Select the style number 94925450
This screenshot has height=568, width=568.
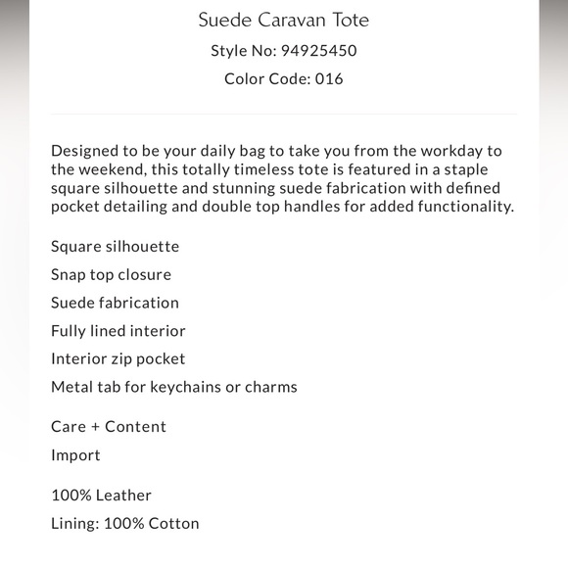tap(318, 51)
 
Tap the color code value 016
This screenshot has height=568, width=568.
tap(329, 78)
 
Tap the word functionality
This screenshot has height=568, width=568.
tap(459, 207)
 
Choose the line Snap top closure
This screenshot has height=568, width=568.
tap(111, 274)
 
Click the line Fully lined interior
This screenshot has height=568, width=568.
tap(118, 331)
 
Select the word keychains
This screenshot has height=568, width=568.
tap(185, 387)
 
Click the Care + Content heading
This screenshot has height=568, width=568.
tap(109, 427)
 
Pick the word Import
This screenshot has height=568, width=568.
tap(75, 455)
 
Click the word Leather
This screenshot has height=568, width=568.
tap(123, 496)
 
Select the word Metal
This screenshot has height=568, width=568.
tap(71, 387)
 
